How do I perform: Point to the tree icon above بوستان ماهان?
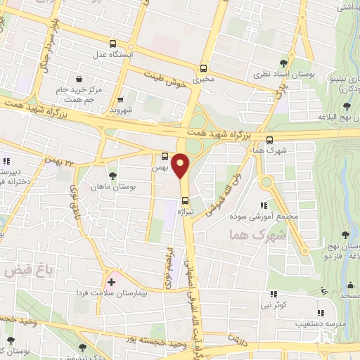pyautogui.click(x=112, y=175)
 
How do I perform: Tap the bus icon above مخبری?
pyautogui.click(x=203, y=69)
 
